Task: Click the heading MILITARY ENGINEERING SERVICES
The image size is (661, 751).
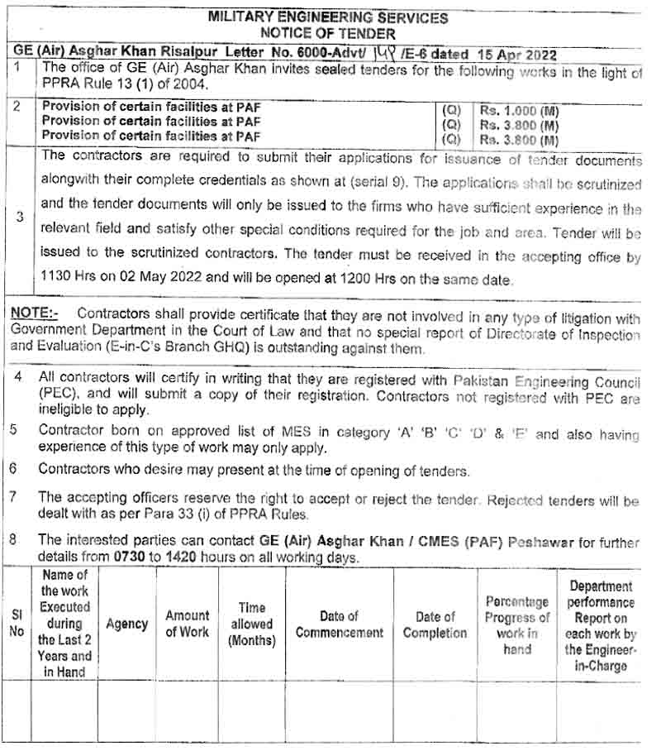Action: [328, 17]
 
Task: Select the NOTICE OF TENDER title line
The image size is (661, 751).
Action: [328, 33]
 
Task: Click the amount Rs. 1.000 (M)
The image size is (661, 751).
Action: [518, 110]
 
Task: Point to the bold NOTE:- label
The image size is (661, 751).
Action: [34, 313]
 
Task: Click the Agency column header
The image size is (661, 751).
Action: [126, 624]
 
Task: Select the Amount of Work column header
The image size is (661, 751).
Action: [188, 624]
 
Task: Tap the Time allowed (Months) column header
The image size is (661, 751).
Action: [252, 624]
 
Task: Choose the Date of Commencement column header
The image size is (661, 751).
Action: [340, 624]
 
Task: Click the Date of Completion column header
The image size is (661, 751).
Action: [435, 624]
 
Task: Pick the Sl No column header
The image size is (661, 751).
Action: [17, 624]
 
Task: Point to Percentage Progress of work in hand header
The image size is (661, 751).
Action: [516, 624]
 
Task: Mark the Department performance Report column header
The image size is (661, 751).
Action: [602, 624]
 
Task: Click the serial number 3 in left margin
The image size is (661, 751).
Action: [19, 217]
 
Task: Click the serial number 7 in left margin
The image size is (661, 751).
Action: [14, 497]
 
